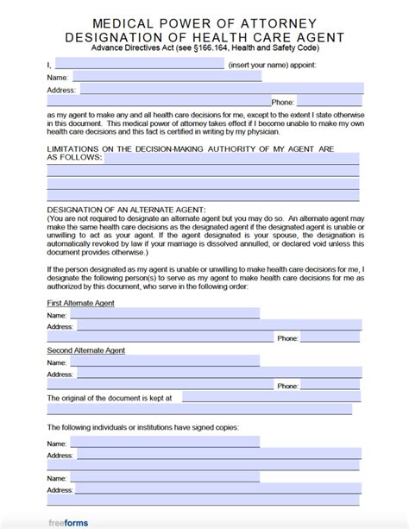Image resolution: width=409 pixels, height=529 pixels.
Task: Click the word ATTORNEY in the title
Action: point(295,23)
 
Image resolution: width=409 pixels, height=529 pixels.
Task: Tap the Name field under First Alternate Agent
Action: point(165,315)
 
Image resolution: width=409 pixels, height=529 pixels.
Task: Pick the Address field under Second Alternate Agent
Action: point(203,375)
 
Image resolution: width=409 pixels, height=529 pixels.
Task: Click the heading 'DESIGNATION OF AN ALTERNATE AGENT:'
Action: point(126,210)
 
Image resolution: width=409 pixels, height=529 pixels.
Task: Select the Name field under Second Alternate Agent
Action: point(165,363)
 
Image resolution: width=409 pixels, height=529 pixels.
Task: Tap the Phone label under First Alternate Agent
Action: point(287,339)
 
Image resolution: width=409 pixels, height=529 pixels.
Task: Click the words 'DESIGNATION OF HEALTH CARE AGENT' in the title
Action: point(204,37)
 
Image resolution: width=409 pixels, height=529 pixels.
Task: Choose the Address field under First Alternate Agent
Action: point(203,326)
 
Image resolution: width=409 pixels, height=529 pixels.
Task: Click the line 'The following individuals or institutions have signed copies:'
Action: point(142,427)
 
